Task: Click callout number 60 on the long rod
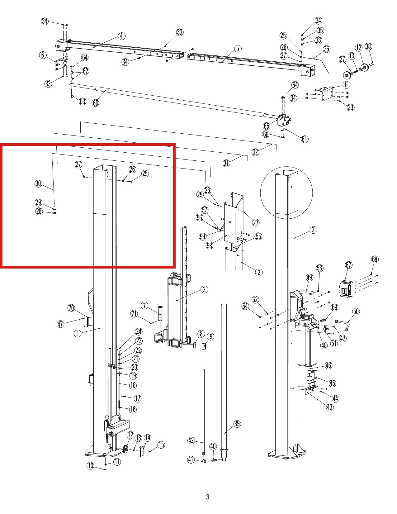coord(96,103)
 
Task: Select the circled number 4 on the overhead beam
coord(121,36)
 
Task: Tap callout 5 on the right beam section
coord(238,49)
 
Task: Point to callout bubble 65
coord(267,126)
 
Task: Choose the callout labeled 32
coord(255,152)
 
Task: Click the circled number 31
coord(226,163)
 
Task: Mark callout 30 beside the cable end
coord(38,183)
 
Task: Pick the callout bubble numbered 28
coord(39,211)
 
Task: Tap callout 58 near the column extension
coord(209,245)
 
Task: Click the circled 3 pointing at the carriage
coord(204,289)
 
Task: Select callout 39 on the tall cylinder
coord(237,423)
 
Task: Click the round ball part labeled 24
coord(120,349)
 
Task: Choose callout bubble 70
coord(71,308)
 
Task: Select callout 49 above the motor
coord(310,278)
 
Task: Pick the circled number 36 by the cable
coord(327,49)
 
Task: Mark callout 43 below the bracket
coord(330,407)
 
